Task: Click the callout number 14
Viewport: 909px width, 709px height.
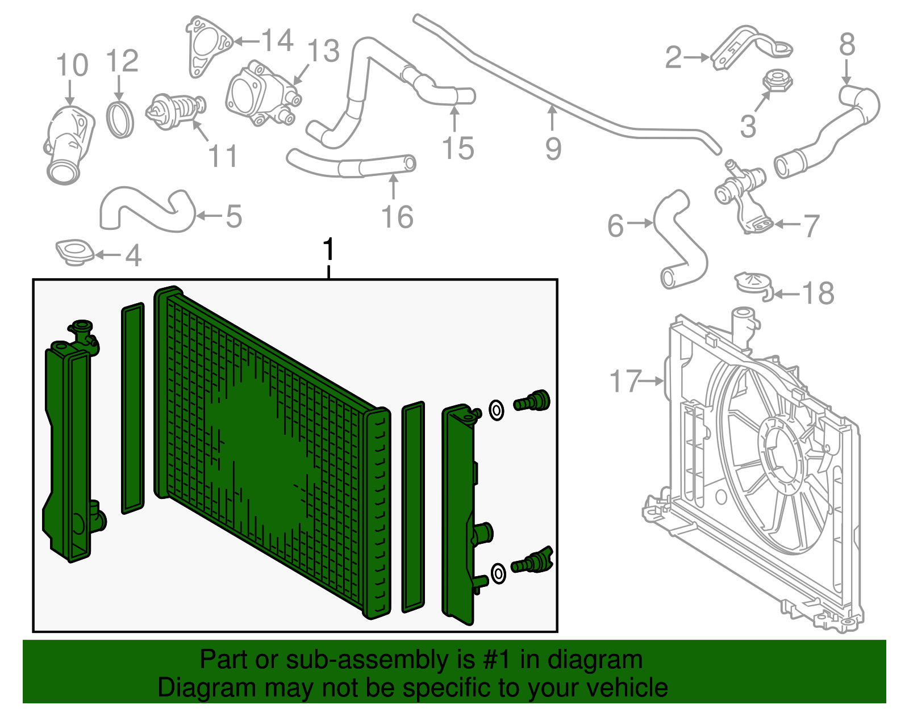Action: point(277,41)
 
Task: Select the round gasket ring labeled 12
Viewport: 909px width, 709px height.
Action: point(120,120)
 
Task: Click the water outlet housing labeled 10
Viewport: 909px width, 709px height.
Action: point(66,145)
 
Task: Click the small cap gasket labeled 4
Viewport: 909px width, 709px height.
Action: point(74,251)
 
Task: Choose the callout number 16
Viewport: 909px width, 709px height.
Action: point(397,217)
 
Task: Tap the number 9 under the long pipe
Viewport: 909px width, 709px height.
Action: point(553,149)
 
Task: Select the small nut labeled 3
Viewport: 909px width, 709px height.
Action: point(777,81)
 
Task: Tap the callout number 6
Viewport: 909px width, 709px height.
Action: point(615,226)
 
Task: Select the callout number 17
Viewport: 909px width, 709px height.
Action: point(625,381)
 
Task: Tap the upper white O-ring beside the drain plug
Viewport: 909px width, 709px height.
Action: point(496,410)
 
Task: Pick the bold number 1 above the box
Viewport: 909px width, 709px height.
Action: point(328,250)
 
